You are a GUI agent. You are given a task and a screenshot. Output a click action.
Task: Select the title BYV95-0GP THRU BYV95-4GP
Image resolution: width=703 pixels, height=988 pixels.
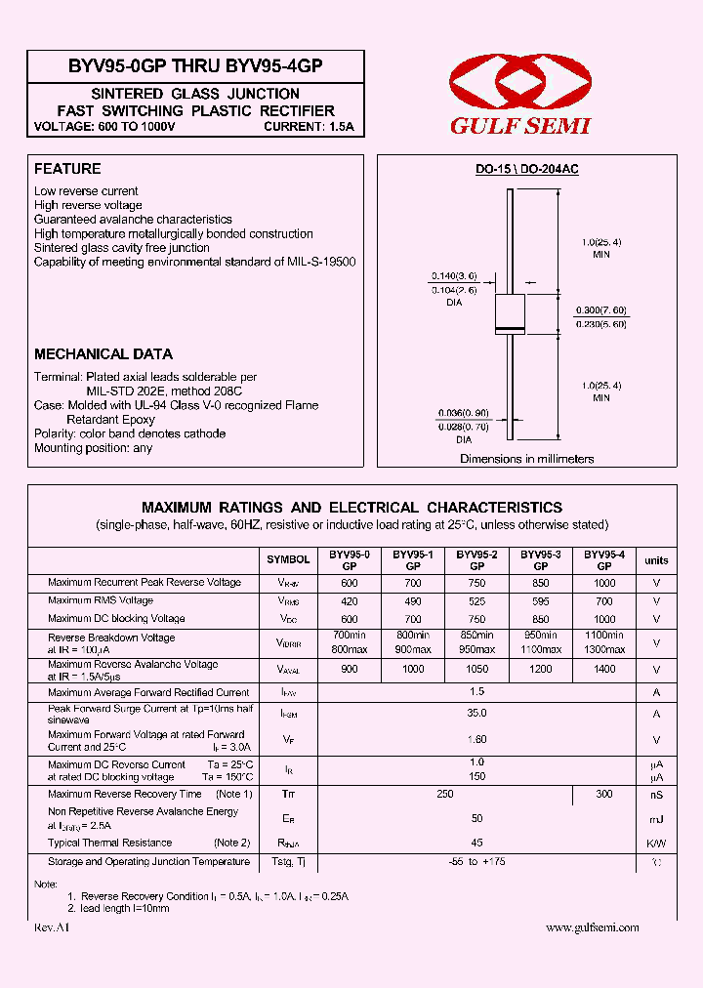195,66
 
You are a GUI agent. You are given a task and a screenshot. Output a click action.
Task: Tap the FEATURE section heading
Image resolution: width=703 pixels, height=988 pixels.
67,168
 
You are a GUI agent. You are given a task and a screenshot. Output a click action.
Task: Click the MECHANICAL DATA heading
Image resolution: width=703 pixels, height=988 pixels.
103,354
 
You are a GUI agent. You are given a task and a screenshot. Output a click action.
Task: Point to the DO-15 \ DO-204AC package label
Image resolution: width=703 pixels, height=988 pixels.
526,169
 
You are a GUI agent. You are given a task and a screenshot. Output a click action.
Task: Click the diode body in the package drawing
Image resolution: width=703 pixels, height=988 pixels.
510,312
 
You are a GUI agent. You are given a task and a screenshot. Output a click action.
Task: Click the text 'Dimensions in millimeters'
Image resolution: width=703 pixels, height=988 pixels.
526,459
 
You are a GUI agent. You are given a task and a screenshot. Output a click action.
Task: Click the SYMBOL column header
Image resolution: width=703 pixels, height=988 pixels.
288,559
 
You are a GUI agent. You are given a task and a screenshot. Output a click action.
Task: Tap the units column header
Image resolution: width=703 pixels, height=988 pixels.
656,560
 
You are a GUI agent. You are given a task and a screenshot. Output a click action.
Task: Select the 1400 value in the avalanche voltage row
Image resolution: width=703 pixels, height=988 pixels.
604,670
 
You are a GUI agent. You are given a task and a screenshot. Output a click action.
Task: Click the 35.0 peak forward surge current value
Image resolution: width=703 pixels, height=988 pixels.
477,714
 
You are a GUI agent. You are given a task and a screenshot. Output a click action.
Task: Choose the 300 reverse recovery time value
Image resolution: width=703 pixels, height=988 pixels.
604,795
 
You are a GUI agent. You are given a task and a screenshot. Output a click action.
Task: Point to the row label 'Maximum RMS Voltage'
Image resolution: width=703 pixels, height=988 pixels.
101,600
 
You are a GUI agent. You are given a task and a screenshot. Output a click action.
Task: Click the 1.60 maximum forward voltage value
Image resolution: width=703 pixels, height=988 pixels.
477,740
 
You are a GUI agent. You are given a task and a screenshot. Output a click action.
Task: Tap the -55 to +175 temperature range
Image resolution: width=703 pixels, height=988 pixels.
477,862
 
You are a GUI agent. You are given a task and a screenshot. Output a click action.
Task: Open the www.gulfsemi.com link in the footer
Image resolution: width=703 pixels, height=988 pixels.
592,927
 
